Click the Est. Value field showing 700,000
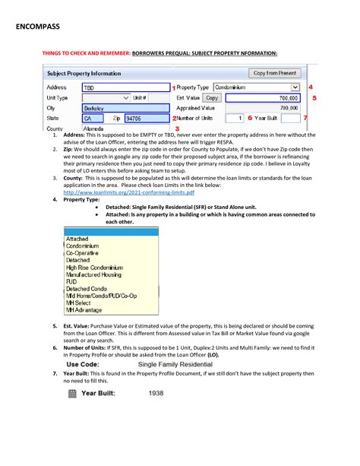coord(263,98)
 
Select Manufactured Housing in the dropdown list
coord(94,274)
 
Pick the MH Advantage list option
coord(84,310)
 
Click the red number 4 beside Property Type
coord(311,87)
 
